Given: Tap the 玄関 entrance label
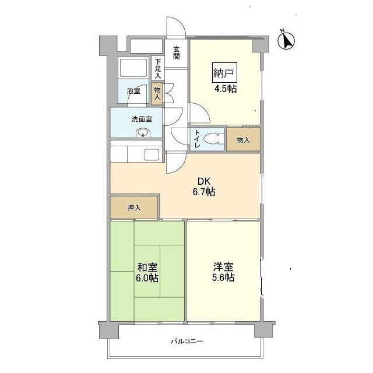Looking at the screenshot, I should coord(176,53).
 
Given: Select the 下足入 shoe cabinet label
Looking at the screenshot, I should coord(157,69).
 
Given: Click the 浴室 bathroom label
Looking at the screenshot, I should coord(134,91).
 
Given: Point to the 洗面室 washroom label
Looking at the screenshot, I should coord(142,119).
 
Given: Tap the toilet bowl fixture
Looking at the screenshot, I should coord(214,139).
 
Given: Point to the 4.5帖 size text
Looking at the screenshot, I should coord(224,89).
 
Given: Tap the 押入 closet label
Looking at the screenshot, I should coord(134,207).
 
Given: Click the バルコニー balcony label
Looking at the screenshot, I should coord(186,341).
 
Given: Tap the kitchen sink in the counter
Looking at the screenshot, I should coord(152,155).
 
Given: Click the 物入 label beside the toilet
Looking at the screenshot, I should coord(243,140).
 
